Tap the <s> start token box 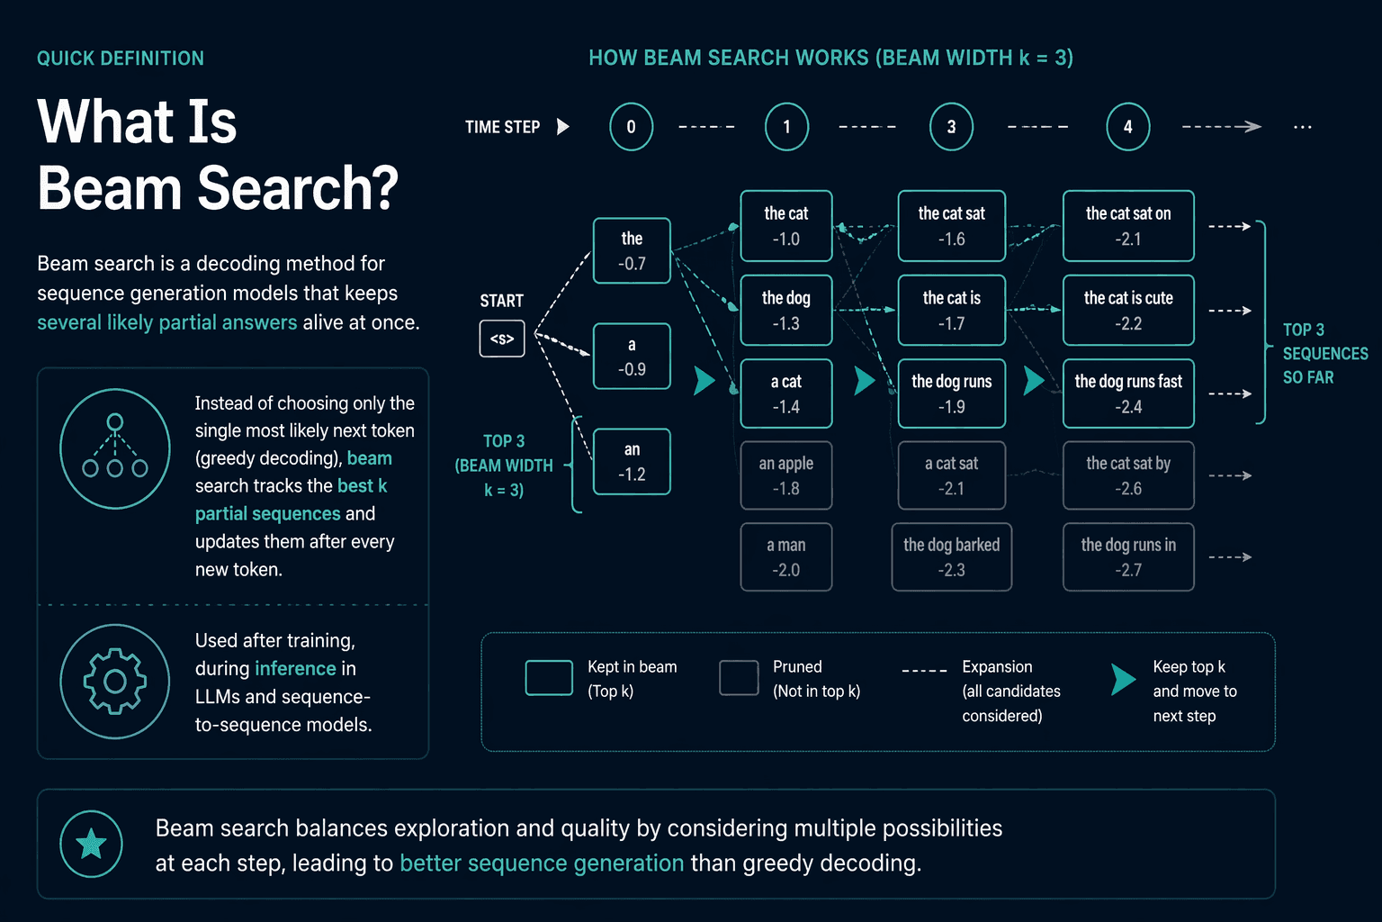coord(502,339)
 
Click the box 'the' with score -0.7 coord(632,250)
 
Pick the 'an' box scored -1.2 coord(632,461)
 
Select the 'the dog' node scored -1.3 coord(786,310)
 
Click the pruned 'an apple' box coord(786,475)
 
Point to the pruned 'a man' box coord(786,557)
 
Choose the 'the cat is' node coord(951,310)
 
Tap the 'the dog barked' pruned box coord(951,557)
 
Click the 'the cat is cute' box coord(1128,310)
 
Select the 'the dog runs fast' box coord(1128,393)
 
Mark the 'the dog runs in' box coord(1128,557)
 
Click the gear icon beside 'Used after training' coord(115,682)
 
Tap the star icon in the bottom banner coord(91,845)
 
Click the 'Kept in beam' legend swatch coord(549,678)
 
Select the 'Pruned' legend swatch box coord(739,678)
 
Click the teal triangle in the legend coord(1122,679)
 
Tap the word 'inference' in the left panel coord(295,668)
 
